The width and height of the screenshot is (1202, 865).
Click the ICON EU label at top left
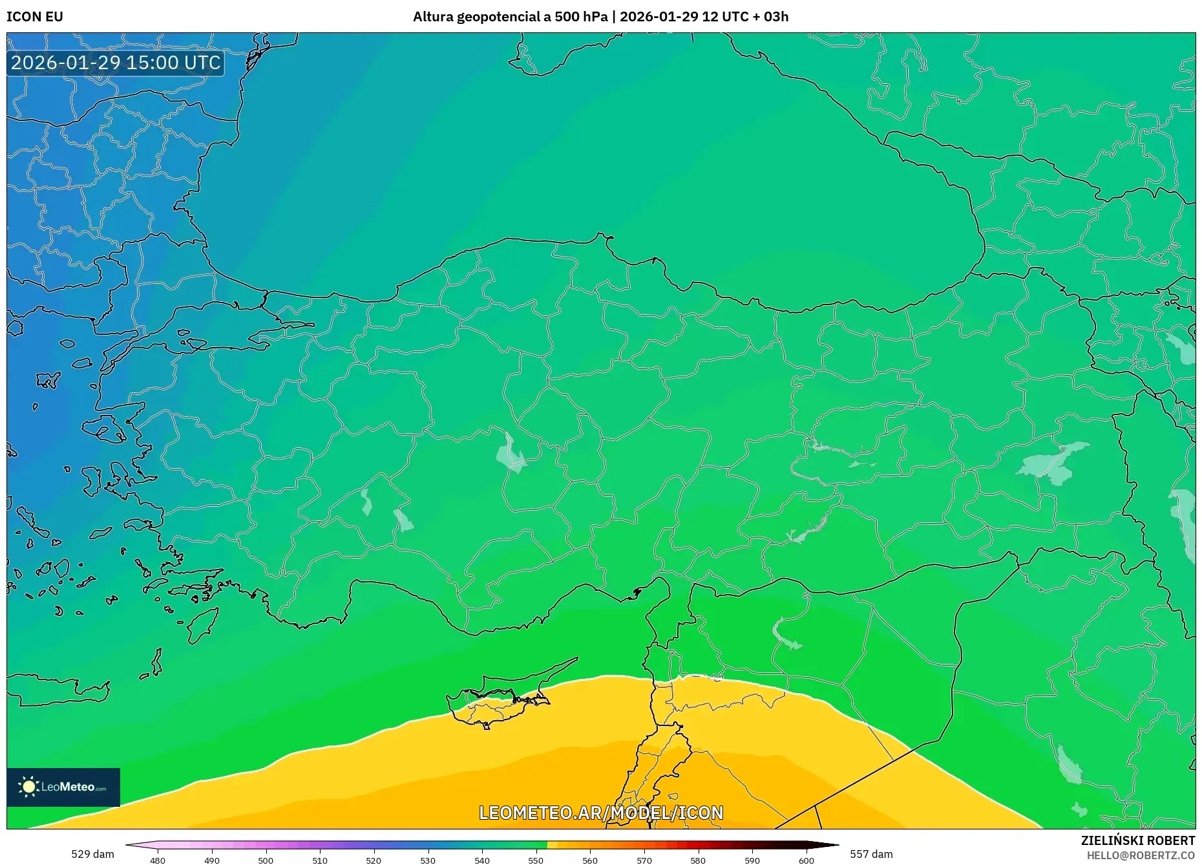tap(35, 17)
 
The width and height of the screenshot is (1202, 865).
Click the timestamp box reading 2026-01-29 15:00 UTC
tap(116, 63)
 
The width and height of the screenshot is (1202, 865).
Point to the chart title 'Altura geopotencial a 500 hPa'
tap(510, 17)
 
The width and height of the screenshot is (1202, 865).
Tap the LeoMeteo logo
tap(63, 787)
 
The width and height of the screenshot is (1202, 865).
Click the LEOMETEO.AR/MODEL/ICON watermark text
tap(601, 813)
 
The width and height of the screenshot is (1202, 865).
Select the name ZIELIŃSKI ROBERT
tap(1137, 840)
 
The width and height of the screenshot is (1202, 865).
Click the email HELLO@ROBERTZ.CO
tap(1140, 855)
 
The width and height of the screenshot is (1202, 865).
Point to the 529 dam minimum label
tap(92, 854)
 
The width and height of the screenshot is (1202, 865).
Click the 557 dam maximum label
tap(871, 854)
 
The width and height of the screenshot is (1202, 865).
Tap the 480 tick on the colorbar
tap(158, 860)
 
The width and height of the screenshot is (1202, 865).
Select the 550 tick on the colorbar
tap(536, 860)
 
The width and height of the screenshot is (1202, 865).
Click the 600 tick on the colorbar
tap(806, 860)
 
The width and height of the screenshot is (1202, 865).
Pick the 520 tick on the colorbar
tap(374, 860)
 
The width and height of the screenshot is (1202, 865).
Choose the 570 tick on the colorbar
tap(644, 860)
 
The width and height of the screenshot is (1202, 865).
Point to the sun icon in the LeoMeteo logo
tap(28, 787)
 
